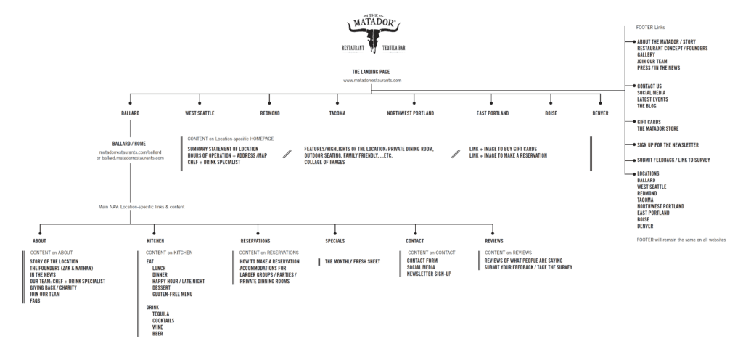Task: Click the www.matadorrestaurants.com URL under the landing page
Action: [371, 80]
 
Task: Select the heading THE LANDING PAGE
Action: [371, 72]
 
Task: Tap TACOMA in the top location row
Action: [337, 113]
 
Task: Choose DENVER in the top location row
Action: [601, 113]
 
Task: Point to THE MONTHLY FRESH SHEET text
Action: [352, 261]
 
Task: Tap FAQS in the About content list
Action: [36, 300]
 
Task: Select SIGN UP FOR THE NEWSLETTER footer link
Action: [668, 144]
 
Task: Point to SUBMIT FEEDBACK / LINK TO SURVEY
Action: [673, 159]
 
